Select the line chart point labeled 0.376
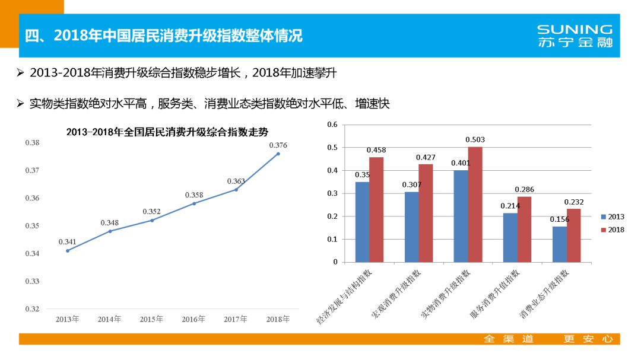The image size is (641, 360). click(x=278, y=154)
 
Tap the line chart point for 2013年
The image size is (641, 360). click(x=67, y=251)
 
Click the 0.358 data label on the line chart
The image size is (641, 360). click(x=193, y=195)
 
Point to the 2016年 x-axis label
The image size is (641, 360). click(x=193, y=319)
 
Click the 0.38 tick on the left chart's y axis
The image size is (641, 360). click(x=32, y=143)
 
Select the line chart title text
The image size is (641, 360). click(x=167, y=132)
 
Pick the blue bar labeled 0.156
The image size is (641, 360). click(x=559, y=244)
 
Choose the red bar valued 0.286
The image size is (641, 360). click(x=524, y=229)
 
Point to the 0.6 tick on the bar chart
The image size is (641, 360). click(x=332, y=125)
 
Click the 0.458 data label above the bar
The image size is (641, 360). click(x=376, y=150)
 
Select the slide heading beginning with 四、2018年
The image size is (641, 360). click(x=164, y=36)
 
